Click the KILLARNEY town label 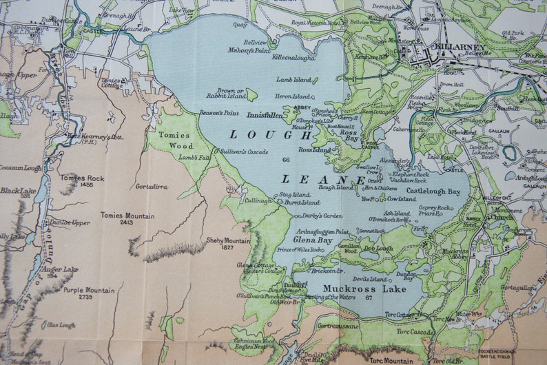460,48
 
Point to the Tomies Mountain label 127,216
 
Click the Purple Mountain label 89,290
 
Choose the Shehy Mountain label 228,240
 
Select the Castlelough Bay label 434,191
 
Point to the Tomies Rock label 82,178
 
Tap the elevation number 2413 127,223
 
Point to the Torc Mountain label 391,359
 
